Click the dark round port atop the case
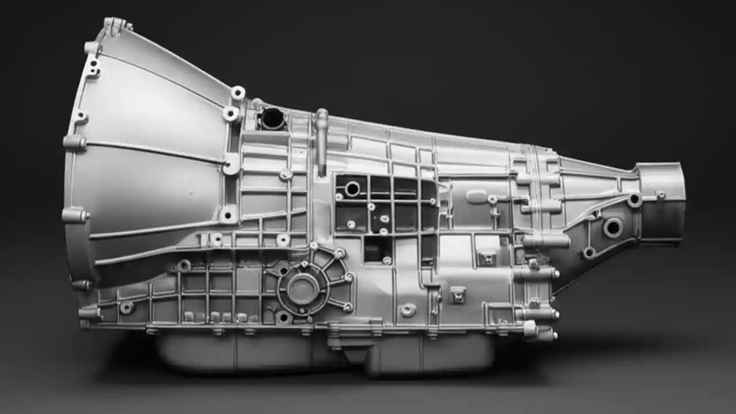[x=271, y=118]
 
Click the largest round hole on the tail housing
[x=612, y=228]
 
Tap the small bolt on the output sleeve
[x=661, y=195]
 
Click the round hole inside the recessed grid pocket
[x=352, y=189]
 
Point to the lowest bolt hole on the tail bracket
[x=589, y=252]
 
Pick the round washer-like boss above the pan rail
[x=408, y=310]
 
